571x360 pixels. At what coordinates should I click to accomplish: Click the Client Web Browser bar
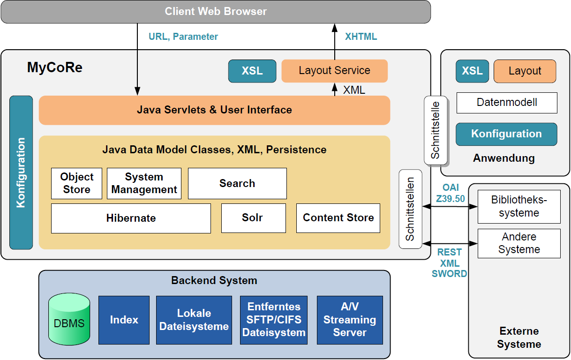point(216,12)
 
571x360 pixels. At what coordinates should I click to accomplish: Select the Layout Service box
point(334,71)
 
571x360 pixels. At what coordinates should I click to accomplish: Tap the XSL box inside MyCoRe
point(252,71)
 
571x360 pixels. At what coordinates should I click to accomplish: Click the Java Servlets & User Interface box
point(214,110)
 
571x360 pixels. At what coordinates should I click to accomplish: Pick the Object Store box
point(76,183)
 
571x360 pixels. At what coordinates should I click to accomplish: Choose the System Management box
point(144,183)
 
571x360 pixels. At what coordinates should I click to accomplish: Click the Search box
point(237,183)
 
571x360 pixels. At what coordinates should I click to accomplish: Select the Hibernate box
point(131,218)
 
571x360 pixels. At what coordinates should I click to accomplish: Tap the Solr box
point(253,218)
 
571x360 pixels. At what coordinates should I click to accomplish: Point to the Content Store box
point(338,218)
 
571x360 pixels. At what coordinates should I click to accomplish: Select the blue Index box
point(124,320)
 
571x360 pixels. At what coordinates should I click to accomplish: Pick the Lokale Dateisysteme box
point(194,320)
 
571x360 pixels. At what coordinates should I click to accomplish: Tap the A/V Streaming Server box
point(350,320)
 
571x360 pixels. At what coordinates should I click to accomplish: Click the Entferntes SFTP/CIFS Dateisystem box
point(274,320)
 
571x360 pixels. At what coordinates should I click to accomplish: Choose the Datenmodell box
point(506,103)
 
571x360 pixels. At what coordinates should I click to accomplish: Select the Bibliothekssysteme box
point(519,206)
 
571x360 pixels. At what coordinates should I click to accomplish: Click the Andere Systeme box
point(519,243)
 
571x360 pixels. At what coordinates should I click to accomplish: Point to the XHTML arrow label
point(361,37)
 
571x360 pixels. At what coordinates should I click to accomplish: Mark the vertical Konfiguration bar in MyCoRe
point(21,172)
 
